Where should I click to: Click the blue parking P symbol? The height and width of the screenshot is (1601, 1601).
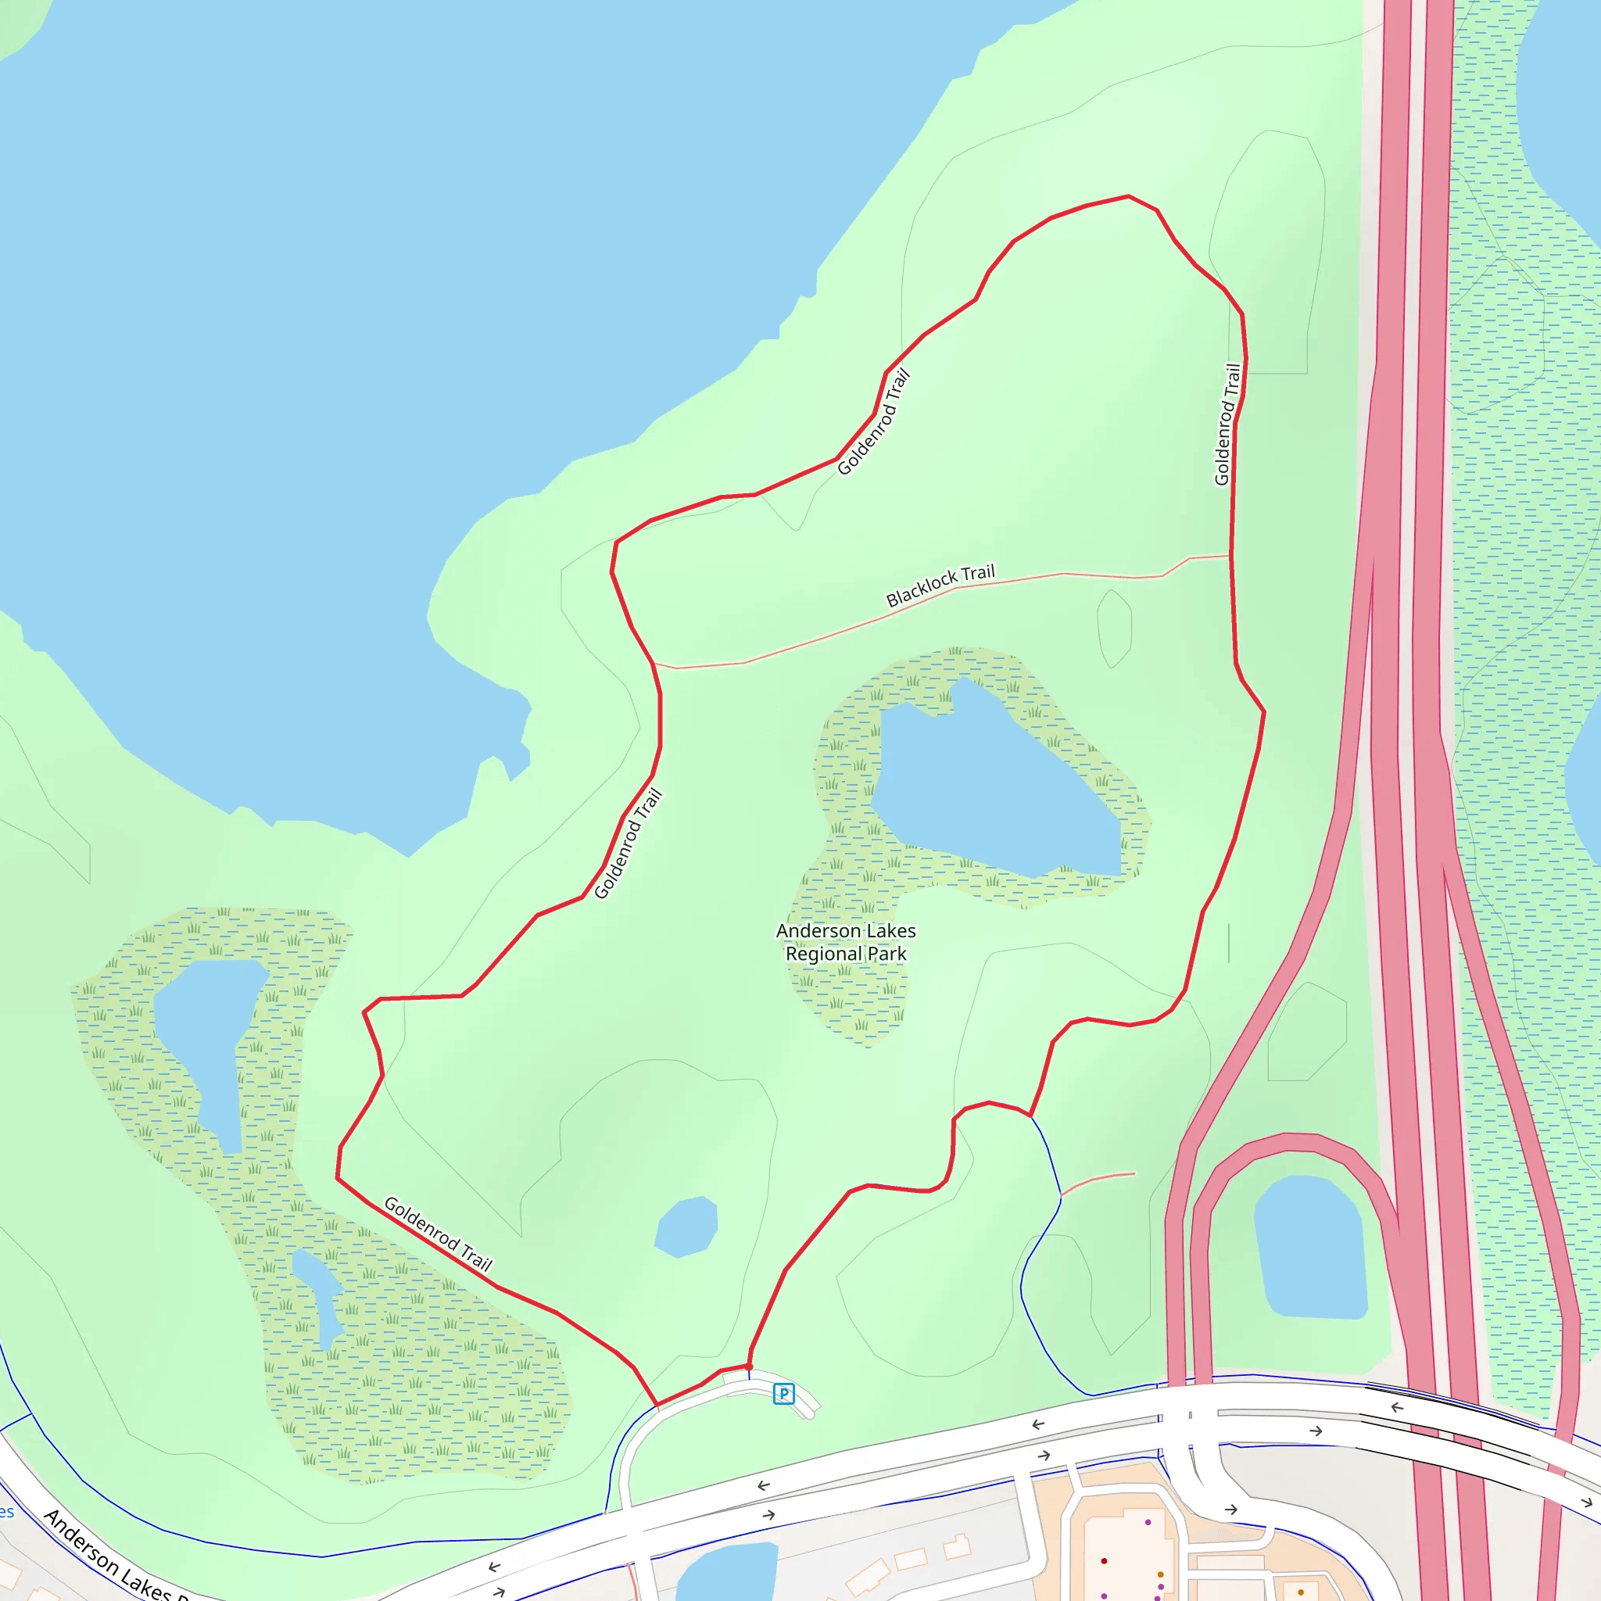point(783,1394)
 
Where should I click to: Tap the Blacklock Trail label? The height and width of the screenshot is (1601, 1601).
point(940,586)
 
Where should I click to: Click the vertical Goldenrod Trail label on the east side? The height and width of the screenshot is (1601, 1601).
point(1227,424)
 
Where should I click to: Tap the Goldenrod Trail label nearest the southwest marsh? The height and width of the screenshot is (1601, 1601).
point(438,1234)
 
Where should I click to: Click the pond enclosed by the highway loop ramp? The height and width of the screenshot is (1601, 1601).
point(1309,1246)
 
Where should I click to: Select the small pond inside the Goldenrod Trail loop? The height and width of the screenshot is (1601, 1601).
point(686,1227)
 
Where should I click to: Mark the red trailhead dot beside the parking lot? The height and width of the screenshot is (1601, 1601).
point(749,1366)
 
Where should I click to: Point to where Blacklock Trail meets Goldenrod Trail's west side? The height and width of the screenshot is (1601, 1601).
point(654,664)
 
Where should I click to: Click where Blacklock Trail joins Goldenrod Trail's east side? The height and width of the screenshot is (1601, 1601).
point(1230,555)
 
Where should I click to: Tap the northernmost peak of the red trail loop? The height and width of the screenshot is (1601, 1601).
point(1128,196)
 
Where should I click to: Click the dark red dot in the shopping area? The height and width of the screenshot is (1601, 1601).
point(1104,1560)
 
